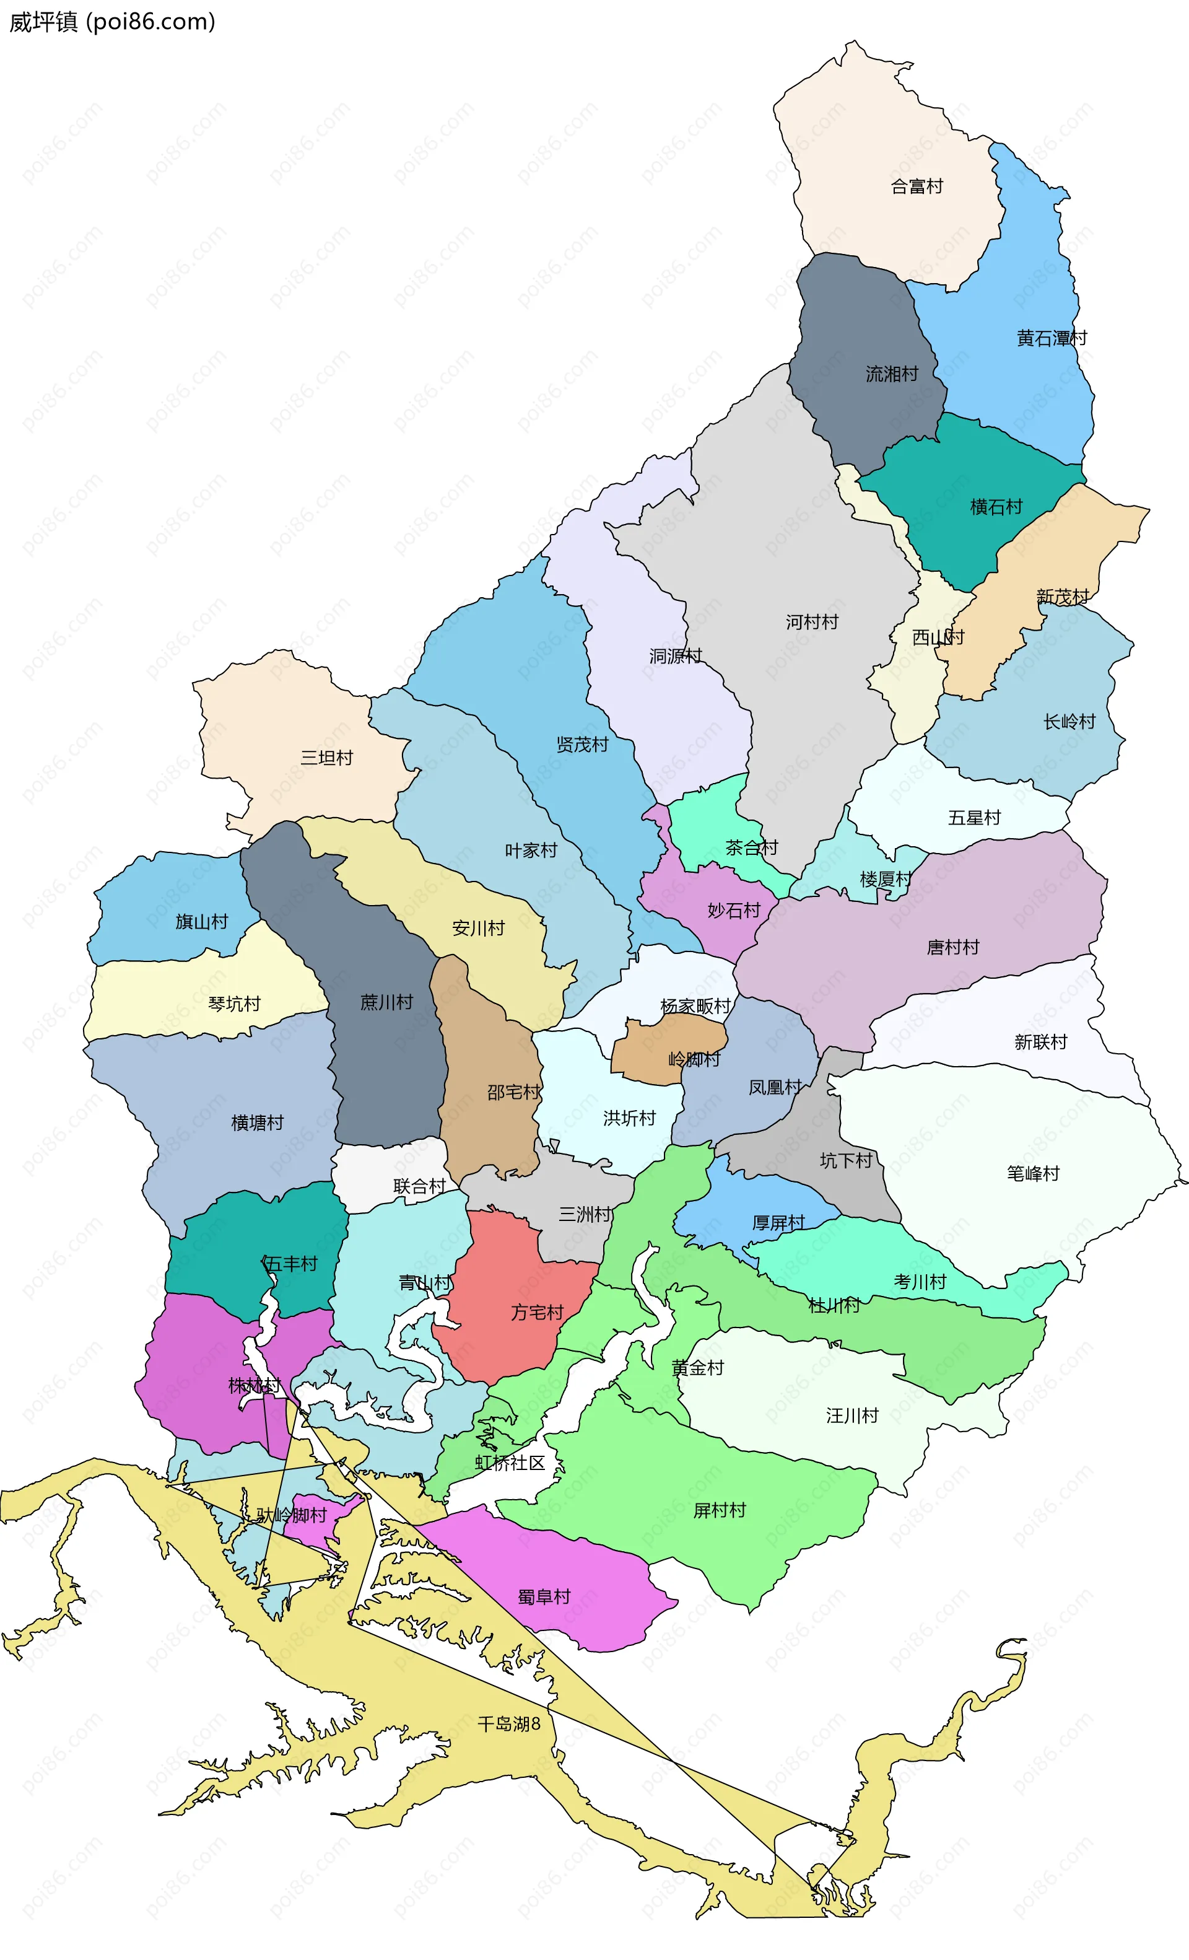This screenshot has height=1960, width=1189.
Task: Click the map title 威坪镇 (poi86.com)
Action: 112,22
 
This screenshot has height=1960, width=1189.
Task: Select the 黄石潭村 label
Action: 1051,338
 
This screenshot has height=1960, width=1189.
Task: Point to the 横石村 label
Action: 995,507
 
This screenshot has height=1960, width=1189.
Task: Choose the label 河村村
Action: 811,622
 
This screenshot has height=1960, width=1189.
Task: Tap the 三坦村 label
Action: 326,757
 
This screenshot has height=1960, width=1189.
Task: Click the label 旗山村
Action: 201,922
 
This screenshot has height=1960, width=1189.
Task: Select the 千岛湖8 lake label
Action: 508,1724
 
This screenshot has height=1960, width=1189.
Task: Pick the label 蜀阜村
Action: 544,1596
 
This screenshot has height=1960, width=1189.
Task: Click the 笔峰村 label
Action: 1032,1173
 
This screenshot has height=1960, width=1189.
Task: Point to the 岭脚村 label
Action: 694,1059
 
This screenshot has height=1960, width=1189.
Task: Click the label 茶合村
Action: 751,848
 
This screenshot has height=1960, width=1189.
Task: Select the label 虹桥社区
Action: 510,1463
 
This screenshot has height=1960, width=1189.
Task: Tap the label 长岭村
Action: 1069,722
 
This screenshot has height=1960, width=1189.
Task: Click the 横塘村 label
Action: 257,1122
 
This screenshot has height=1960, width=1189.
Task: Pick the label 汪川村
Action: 851,1415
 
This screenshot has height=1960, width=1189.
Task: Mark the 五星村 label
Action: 973,818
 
